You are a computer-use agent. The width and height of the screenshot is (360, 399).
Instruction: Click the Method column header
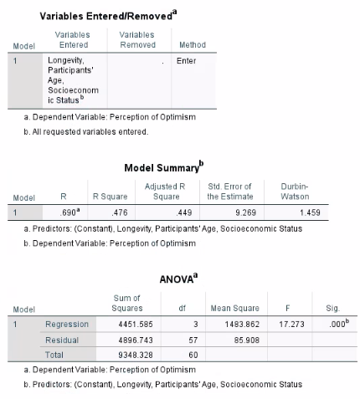[x=192, y=44]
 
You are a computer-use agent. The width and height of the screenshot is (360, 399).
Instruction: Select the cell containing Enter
[x=186, y=61]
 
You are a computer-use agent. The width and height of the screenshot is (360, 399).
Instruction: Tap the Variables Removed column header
[x=137, y=39]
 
